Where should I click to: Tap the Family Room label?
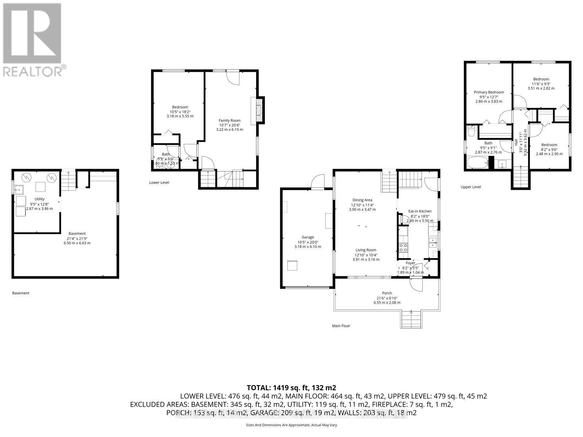coord(230,121)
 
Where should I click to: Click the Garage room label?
coord(308,237)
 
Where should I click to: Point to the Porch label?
coord(387,293)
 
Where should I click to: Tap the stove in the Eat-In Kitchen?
coord(404,248)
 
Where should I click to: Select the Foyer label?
coord(411,263)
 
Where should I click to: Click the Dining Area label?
coord(362,200)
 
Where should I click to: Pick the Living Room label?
coord(366,250)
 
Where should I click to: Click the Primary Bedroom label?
coord(489,92)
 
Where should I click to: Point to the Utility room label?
coord(39,199)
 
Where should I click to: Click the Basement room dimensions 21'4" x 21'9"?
coord(77,238)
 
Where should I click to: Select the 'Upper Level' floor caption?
coord(471,187)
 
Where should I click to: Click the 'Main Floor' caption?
coord(341,326)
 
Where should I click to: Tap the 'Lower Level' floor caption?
coord(159,182)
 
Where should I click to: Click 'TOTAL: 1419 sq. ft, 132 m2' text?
coord(291,387)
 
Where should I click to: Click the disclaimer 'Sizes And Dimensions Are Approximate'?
coord(291,425)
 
